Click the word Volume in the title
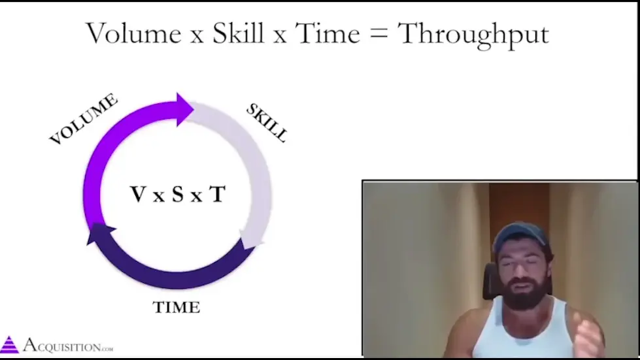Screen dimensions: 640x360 [133, 33]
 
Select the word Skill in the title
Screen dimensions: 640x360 [239, 33]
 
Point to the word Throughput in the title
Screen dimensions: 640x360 [473, 35]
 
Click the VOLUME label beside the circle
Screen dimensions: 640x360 [83, 119]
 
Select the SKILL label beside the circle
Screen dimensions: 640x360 [267, 122]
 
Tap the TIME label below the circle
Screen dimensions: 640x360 [177, 307]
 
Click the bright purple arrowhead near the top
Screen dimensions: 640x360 [185, 109]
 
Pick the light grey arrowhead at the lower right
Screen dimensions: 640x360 [251, 240]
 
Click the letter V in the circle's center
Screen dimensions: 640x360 [138, 194]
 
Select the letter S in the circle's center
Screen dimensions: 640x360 [178, 194]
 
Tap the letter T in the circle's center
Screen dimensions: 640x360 [218, 194]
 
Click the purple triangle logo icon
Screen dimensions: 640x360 [9, 345]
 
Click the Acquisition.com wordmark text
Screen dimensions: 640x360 [68, 346]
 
